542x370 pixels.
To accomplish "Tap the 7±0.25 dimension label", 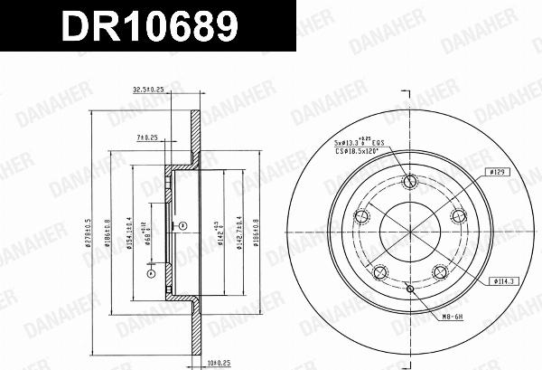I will coord(147,137).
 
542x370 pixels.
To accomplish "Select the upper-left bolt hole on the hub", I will coord(364,215).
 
